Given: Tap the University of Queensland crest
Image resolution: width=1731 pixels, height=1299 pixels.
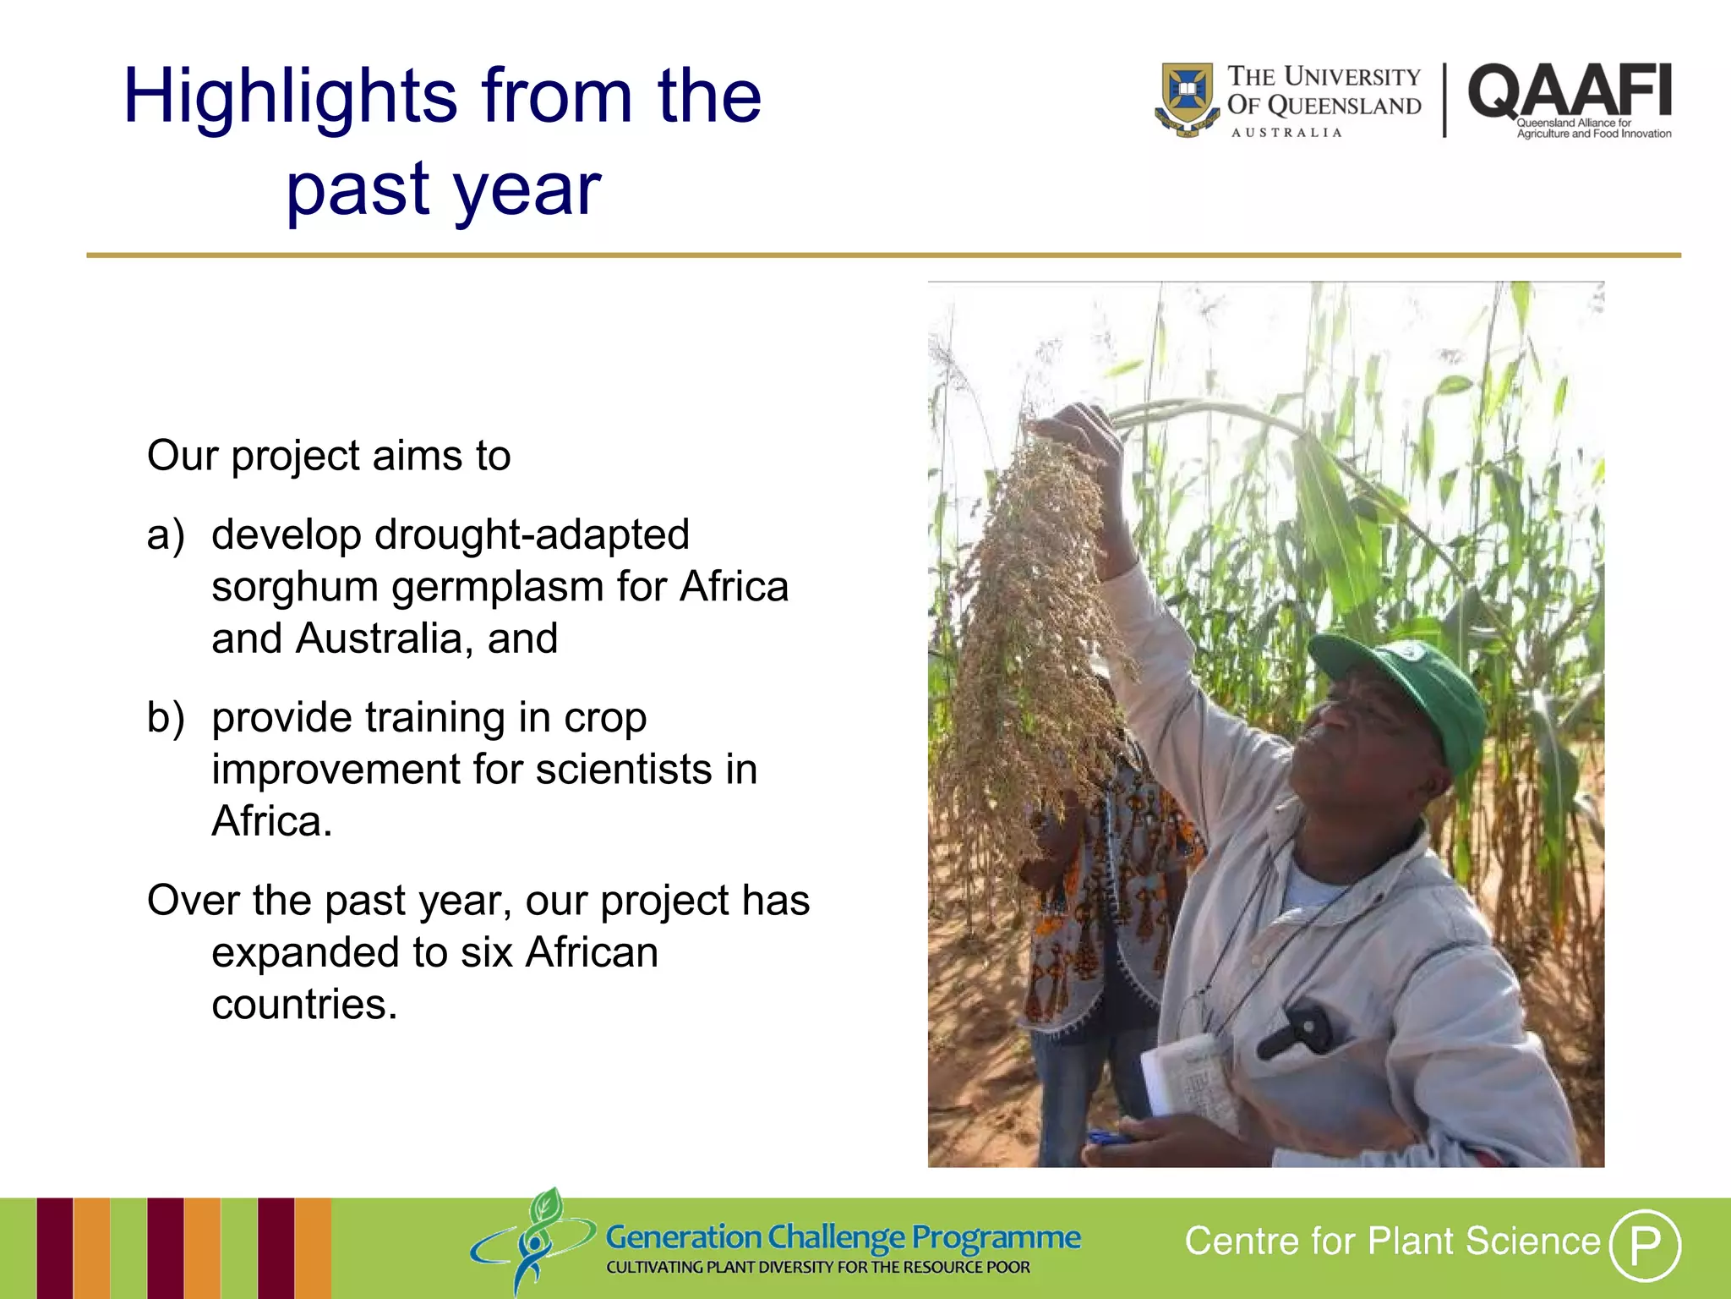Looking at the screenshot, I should (1188, 97).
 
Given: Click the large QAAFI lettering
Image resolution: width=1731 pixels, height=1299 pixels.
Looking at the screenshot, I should (1570, 91).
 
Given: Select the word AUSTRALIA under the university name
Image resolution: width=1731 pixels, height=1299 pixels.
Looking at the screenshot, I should (1286, 133).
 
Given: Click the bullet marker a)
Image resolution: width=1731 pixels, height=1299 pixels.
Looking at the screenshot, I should (166, 535).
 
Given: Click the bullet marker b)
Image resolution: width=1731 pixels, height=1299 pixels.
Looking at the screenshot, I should (166, 718).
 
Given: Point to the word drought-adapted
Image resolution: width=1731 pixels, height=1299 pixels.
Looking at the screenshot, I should (533, 535).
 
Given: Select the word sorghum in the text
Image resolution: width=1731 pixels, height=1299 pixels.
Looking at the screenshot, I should (293, 588).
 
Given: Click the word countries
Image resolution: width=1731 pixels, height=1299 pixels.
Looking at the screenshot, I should (303, 1005).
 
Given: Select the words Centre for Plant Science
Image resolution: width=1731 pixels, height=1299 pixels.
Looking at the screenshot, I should (1392, 1241).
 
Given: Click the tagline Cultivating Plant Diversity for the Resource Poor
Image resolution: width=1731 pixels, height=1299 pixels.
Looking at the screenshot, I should (817, 1268).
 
